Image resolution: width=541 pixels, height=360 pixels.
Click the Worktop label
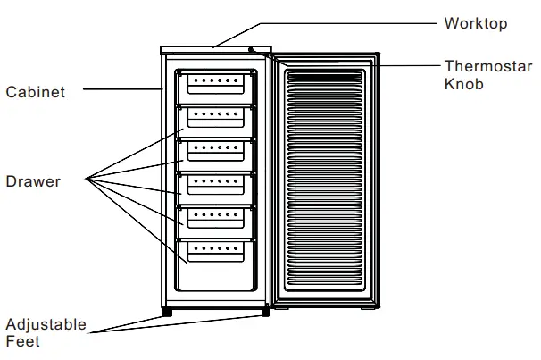475,23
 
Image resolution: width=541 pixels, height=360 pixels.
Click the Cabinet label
35,92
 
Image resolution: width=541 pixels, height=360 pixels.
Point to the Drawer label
33,181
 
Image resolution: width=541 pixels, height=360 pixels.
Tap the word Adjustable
46,324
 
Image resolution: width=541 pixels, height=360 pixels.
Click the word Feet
22,340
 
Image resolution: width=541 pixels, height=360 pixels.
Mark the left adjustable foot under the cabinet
166,312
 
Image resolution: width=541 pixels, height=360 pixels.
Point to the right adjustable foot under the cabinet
264,312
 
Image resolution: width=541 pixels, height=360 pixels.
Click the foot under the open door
367,309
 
